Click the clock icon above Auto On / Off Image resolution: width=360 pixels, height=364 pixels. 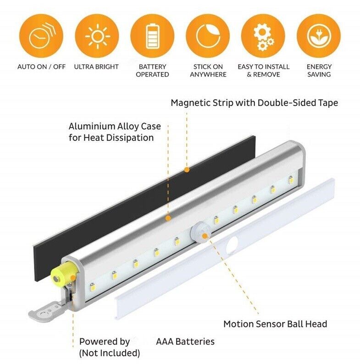(41, 36)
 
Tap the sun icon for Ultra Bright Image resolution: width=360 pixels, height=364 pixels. (97, 36)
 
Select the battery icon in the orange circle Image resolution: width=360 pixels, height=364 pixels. (152, 36)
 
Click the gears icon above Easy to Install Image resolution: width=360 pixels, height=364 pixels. (263, 36)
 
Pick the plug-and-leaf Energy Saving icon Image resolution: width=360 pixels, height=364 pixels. (319, 36)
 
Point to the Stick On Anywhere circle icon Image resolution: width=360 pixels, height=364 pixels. (208, 36)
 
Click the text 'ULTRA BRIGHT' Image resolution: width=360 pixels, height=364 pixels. (96, 67)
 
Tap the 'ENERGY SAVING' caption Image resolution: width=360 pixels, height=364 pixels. (319, 70)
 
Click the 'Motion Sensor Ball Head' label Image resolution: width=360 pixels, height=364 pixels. (275, 324)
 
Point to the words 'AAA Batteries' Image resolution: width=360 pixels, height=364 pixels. (185, 342)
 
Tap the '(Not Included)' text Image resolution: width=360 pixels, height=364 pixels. (109, 353)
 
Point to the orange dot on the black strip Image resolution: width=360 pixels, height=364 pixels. (187, 170)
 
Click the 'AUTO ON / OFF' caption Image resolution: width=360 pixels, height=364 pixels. (42, 67)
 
